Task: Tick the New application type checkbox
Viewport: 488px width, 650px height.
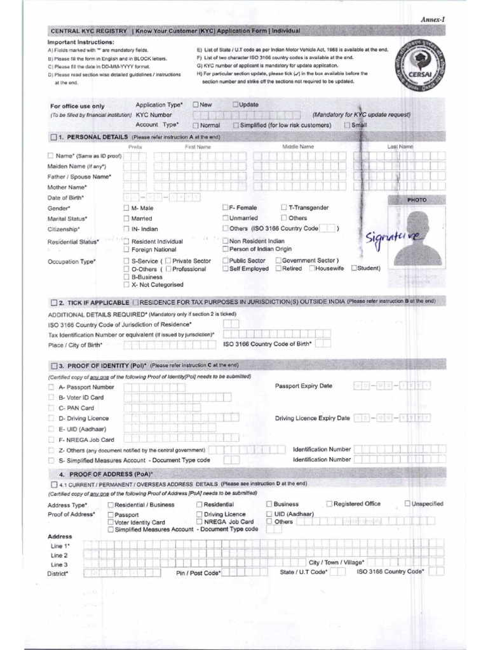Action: (196, 104)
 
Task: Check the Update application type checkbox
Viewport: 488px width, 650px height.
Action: (236, 104)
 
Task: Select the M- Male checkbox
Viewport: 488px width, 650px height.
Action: (126, 208)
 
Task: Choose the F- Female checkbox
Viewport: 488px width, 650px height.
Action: (225, 208)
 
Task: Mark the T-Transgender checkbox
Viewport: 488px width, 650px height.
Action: (283, 208)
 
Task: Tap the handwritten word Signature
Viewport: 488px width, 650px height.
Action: (393, 239)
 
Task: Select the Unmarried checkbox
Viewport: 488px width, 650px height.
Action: (225, 218)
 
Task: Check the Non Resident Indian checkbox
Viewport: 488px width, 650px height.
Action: (225, 241)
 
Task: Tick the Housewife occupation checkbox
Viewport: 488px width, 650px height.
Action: (312, 269)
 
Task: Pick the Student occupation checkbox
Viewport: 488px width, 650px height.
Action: (354, 269)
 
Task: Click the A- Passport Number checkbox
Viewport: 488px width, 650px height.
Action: (51, 387)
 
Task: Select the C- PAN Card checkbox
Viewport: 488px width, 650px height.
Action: (51, 408)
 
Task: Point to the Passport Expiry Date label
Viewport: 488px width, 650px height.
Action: (303, 386)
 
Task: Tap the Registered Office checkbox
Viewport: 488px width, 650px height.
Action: (329, 504)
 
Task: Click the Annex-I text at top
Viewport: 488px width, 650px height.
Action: (433, 20)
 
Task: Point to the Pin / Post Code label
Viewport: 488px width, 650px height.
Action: (198, 573)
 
